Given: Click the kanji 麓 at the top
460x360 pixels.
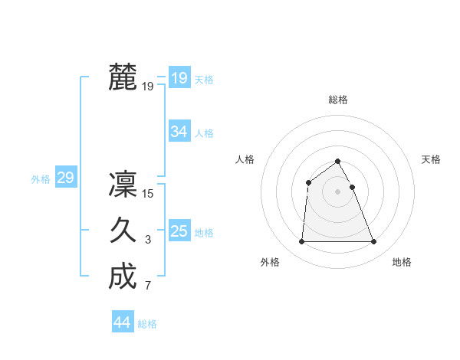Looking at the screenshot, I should click(123, 77).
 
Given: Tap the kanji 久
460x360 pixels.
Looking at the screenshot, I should click(123, 230).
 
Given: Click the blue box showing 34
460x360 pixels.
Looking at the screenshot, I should click(179, 132).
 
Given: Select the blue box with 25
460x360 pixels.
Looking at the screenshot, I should click(179, 231).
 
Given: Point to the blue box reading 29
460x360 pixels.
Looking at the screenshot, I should click(65, 178).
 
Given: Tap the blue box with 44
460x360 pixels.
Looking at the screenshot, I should click(122, 322).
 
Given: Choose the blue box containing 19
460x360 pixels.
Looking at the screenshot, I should click(179, 77).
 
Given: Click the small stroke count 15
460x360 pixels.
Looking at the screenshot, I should click(148, 194).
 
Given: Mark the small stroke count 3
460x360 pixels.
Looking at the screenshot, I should click(148, 241).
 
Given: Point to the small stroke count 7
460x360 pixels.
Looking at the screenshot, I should click(148, 286).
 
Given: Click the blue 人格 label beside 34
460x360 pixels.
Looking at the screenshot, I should click(204, 133).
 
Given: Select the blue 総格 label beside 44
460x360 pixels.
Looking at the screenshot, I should click(147, 324).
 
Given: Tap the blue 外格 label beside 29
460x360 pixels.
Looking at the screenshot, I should click(41, 179).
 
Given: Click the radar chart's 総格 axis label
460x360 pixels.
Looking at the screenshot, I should click(338, 100).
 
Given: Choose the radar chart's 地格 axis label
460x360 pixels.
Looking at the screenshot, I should click(402, 262).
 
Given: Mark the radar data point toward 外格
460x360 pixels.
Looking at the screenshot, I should click(301, 242).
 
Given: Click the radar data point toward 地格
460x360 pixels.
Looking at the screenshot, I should click(374, 242).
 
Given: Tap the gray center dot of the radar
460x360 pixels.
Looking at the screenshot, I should click(338, 191).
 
